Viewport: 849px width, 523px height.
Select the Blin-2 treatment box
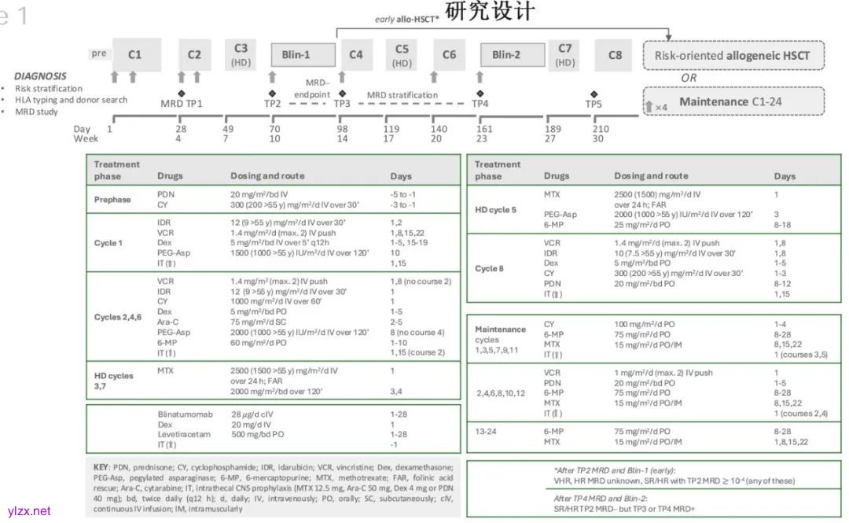tap(506, 55)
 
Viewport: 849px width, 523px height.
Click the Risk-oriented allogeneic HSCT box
tap(733, 56)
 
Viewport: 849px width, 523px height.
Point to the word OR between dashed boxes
tap(689, 78)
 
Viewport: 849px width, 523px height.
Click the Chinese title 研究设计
tap(489, 12)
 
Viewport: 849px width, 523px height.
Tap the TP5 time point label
tap(594, 103)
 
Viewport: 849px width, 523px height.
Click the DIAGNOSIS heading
tap(40, 76)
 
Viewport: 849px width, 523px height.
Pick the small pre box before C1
tap(98, 53)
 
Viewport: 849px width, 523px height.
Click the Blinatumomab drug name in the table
tap(186, 413)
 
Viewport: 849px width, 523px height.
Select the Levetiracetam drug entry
tap(182, 434)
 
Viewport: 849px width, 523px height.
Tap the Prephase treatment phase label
tap(112, 199)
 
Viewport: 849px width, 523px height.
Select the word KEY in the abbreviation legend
tap(101, 466)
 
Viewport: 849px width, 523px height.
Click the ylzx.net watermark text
tap(28, 511)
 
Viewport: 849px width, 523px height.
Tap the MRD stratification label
tap(402, 95)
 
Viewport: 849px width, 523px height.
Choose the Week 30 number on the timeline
tap(598, 139)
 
